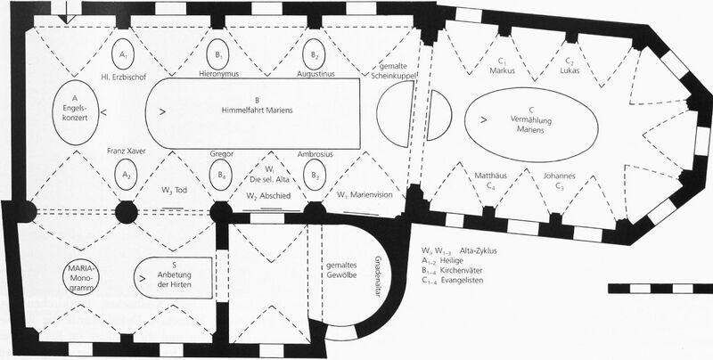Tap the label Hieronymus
click(x=218, y=74)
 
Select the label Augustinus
click(x=316, y=74)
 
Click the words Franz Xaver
click(x=127, y=151)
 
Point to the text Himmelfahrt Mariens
click(x=258, y=110)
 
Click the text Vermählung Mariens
click(x=530, y=125)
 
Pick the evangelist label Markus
click(x=501, y=71)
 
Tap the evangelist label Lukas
click(x=570, y=71)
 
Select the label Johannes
click(x=560, y=176)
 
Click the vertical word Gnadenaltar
click(x=377, y=276)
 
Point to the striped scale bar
click(x=660, y=288)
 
